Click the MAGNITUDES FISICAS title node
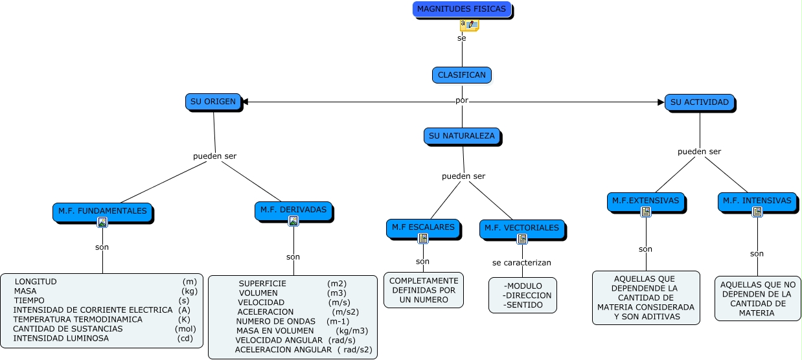coord(461,10)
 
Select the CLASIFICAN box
coord(461,75)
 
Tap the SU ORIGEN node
coord(213,102)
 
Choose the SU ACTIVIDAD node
coord(699,102)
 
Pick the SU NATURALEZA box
coord(462,136)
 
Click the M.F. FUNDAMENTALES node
coord(102,210)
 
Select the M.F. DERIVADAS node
coord(293,210)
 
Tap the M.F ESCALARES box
coord(423,227)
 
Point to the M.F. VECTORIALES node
coord(521,228)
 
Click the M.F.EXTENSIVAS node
coord(645,201)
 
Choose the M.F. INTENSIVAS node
coord(757,201)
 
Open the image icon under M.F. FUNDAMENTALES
coord(102,222)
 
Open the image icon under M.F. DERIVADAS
coord(293,221)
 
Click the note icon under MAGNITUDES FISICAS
coord(469,25)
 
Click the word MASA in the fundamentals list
coord(25,291)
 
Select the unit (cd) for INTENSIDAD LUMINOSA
coord(185,338)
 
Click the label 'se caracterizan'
coord(521,263)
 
